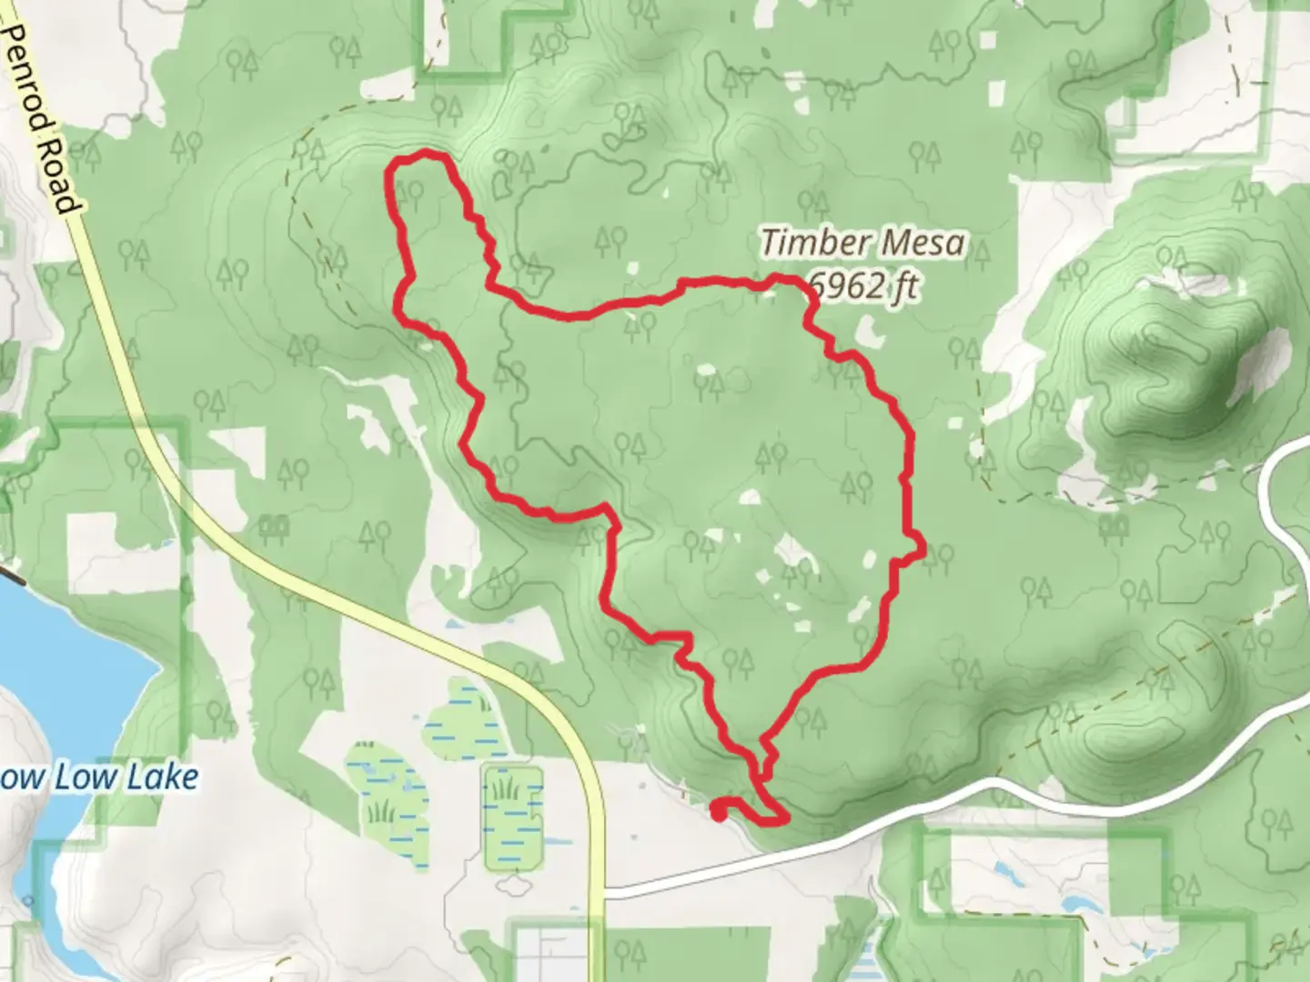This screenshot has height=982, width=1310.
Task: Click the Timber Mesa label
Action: coord(862,243)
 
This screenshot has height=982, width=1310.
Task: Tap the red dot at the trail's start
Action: coord(718,808)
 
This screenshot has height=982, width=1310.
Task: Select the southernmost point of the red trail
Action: coord(778,821)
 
